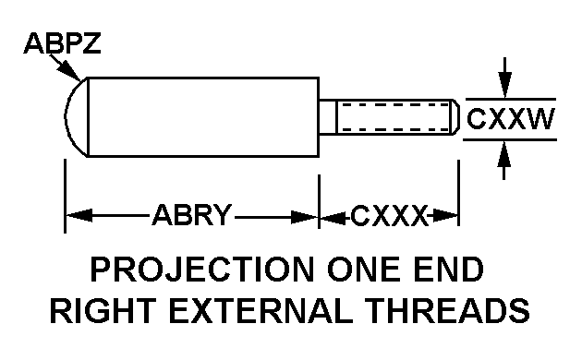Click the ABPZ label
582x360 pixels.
click(62, 43)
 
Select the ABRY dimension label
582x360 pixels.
click(192, 215)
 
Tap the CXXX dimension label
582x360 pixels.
click(389, 215)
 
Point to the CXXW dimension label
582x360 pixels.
click(510, 119)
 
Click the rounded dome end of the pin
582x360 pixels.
click(76, 117)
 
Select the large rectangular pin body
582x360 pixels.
click(203, 117)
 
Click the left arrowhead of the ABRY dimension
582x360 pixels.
click(79, 215)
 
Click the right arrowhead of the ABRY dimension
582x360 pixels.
click(304, 217)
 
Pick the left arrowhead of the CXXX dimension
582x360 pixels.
click(333, 217)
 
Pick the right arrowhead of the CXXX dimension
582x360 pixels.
click(444, 215)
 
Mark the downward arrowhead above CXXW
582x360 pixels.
click(504, 84)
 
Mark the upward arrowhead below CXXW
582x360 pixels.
click(503, 154)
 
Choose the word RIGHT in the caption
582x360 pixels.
click(103, 310)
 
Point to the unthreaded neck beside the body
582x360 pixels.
click(328, 117)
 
